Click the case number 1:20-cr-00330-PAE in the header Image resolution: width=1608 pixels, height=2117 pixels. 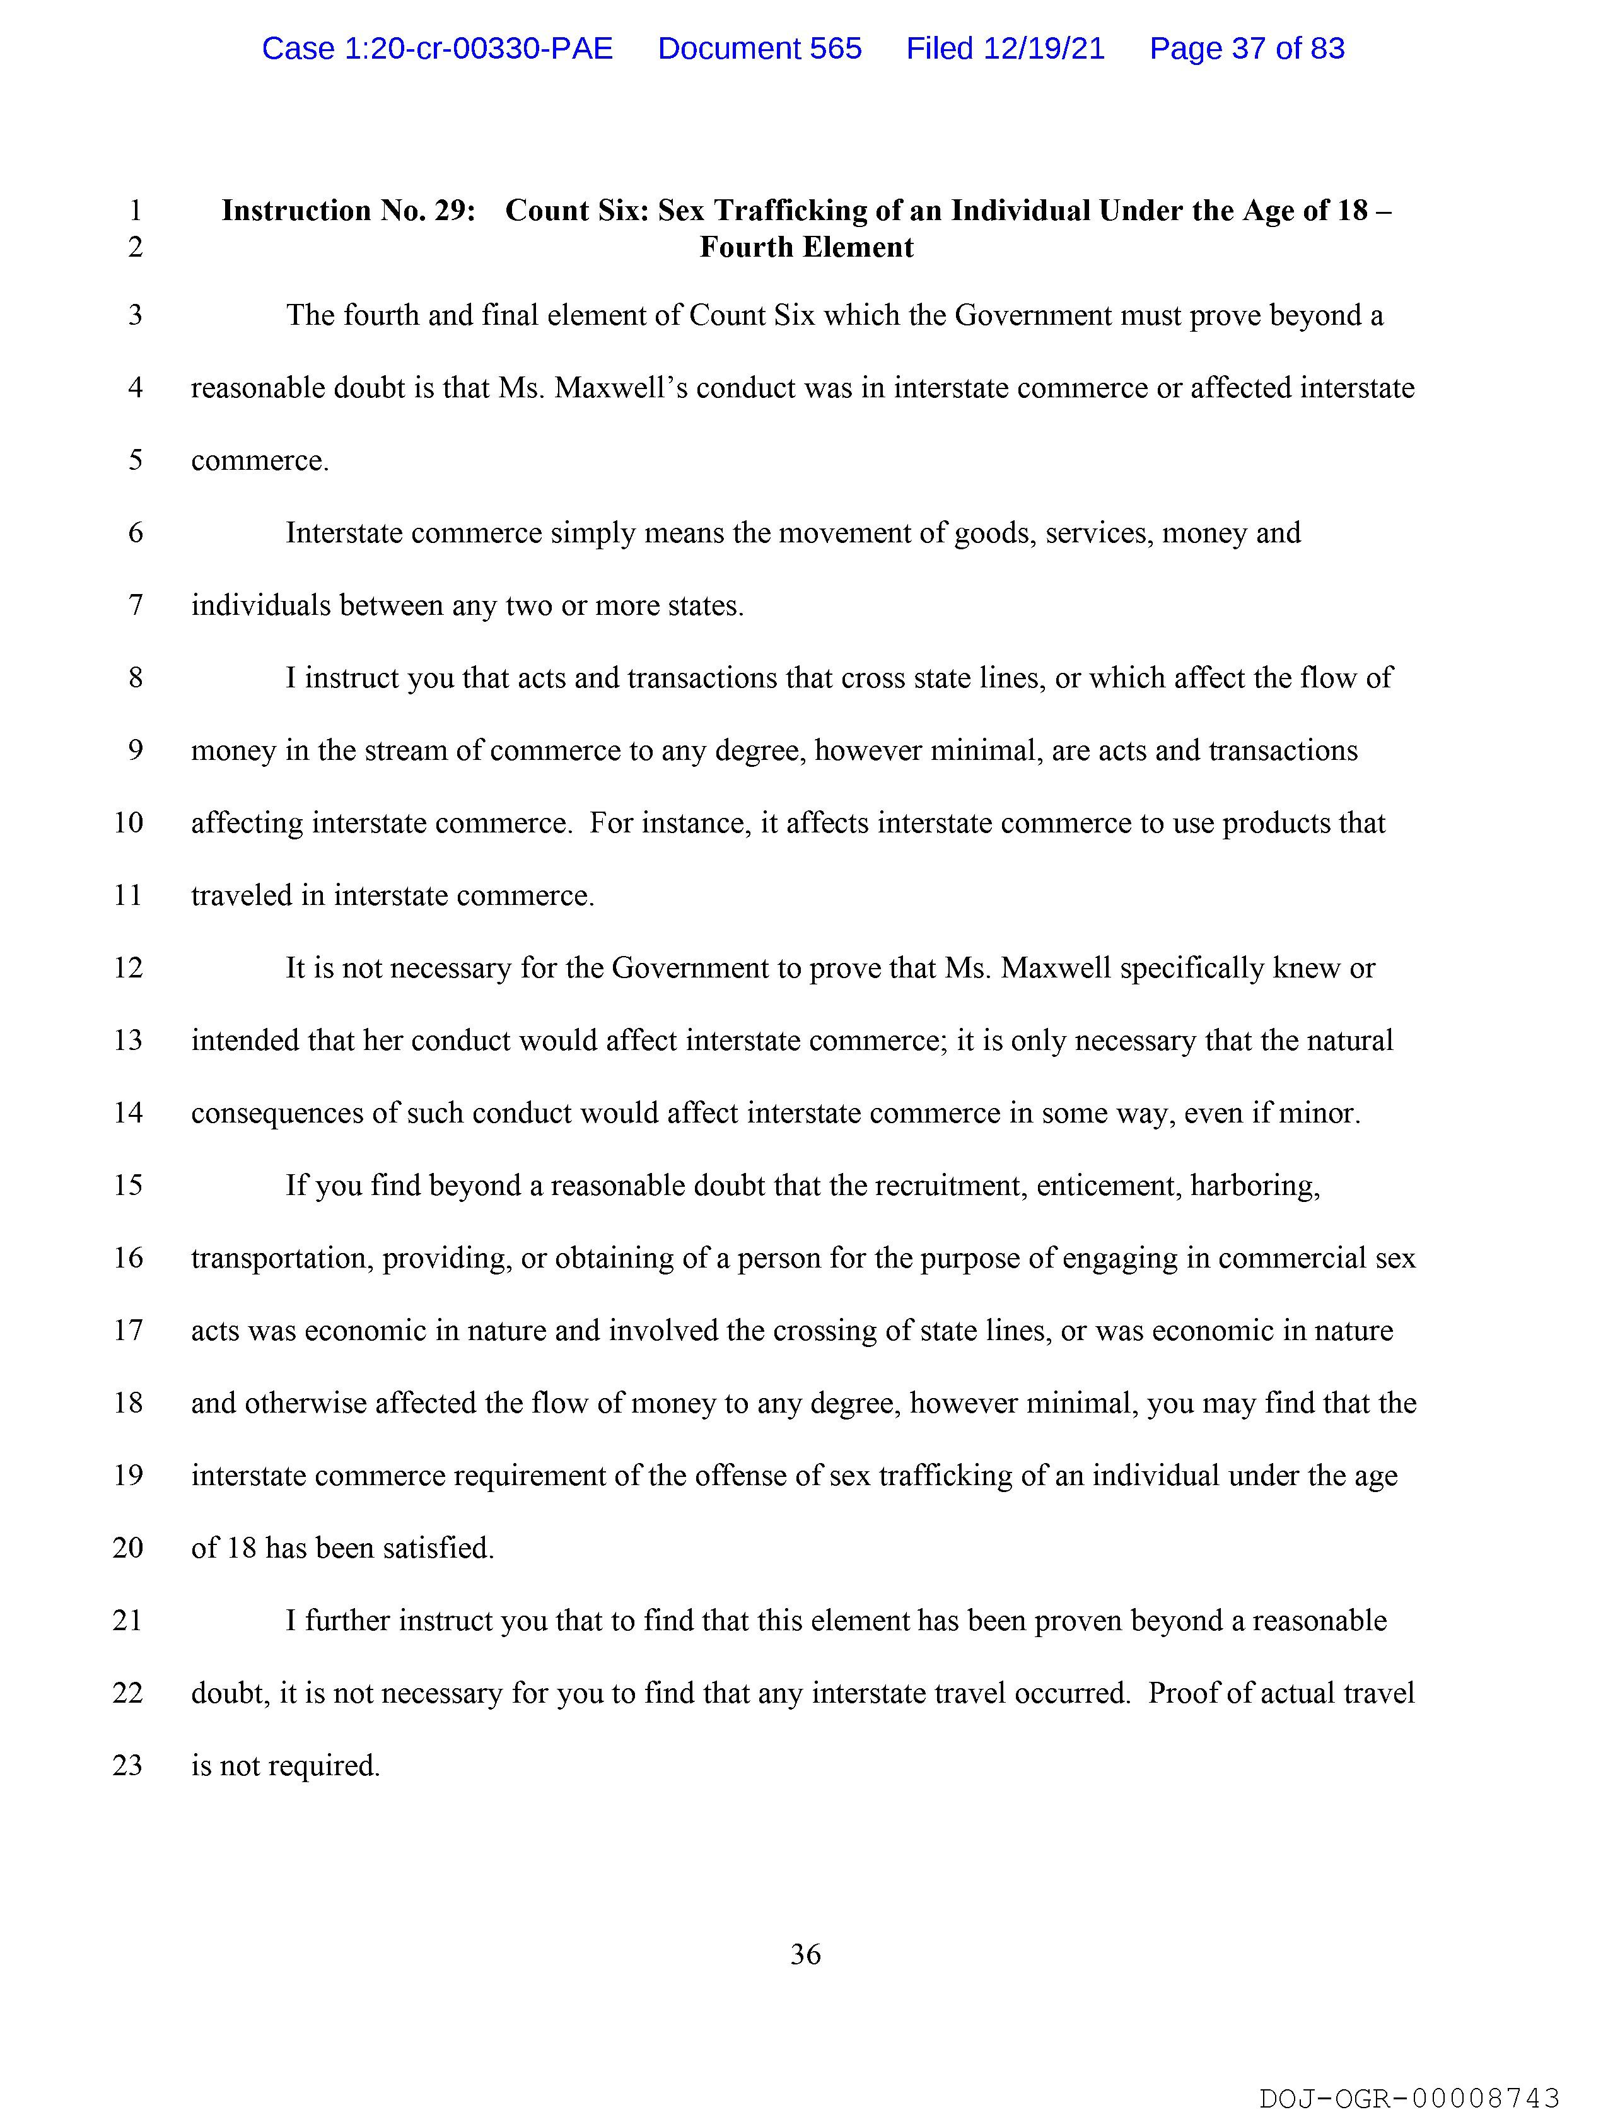pos(438,49)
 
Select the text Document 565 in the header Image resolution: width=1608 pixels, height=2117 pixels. pos(759,49)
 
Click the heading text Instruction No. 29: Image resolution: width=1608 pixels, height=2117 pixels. pos(348,211)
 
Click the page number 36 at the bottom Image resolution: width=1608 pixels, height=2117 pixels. pos(805,1954)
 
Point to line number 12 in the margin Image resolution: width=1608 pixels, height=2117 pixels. pos(128,967)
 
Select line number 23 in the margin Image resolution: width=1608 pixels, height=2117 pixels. pos(128,1765)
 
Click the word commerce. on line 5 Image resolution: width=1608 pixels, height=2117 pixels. pos(259,460)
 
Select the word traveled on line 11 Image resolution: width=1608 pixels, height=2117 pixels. pos(244,896)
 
